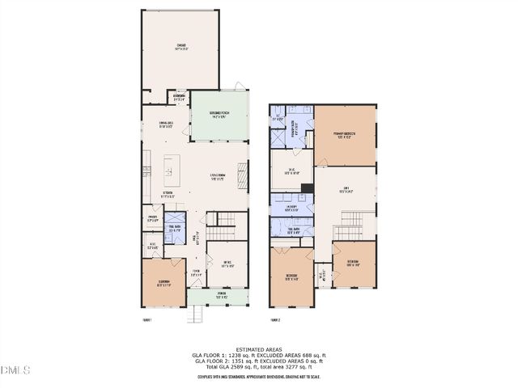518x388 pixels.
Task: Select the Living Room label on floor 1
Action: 217,177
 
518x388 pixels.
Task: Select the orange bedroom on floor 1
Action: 165,283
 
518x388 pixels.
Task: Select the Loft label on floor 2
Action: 345,191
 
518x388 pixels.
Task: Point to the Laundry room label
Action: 289,207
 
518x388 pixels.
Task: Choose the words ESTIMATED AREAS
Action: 259,348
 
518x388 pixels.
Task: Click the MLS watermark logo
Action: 15,370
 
